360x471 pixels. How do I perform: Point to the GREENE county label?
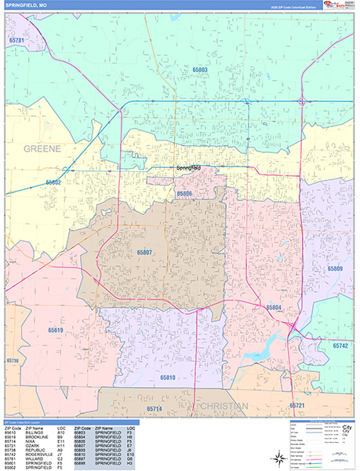[x=42, y=148]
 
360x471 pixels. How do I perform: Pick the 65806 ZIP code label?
[x=184, y=193]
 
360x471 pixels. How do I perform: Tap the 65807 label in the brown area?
[x=145, y=253]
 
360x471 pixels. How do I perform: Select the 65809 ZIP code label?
[x=335, y=268]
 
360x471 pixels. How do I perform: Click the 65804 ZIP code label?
[x=274, y=307]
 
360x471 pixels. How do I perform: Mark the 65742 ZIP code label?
[x=340, y=345]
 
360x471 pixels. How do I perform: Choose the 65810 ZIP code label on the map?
[x=168, y=378]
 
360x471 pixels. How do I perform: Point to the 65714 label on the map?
[x=154, y=409]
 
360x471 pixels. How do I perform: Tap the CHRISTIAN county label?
[x=220, y=406]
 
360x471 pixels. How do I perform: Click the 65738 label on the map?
[x=12, y=360]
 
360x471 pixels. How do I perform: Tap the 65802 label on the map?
[x=53, y=181]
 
